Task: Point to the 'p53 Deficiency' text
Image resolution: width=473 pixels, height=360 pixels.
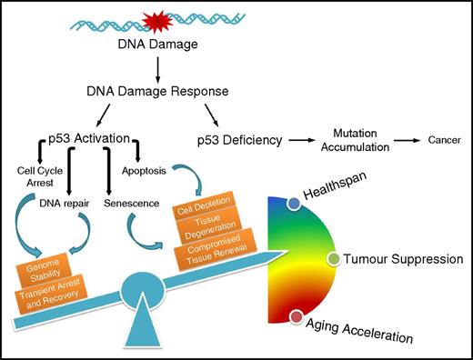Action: pyautogui.click(x=238, y=142)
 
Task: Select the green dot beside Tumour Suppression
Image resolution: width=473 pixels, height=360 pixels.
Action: pyautogui.click(x=333, y=260)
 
